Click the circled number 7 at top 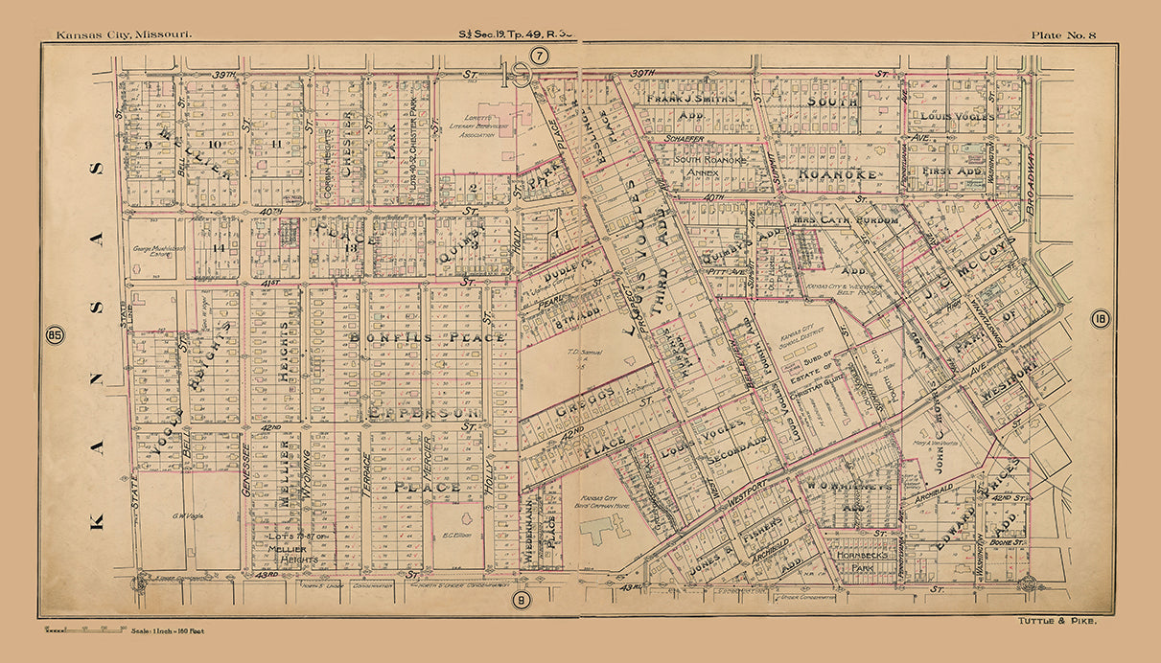pos(540,57)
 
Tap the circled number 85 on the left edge pos(55,335)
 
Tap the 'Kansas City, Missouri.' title pos(124,35)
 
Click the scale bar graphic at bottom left pos(83,629)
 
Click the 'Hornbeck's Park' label pos(860,560)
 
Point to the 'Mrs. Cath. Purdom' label pos(845,219)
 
